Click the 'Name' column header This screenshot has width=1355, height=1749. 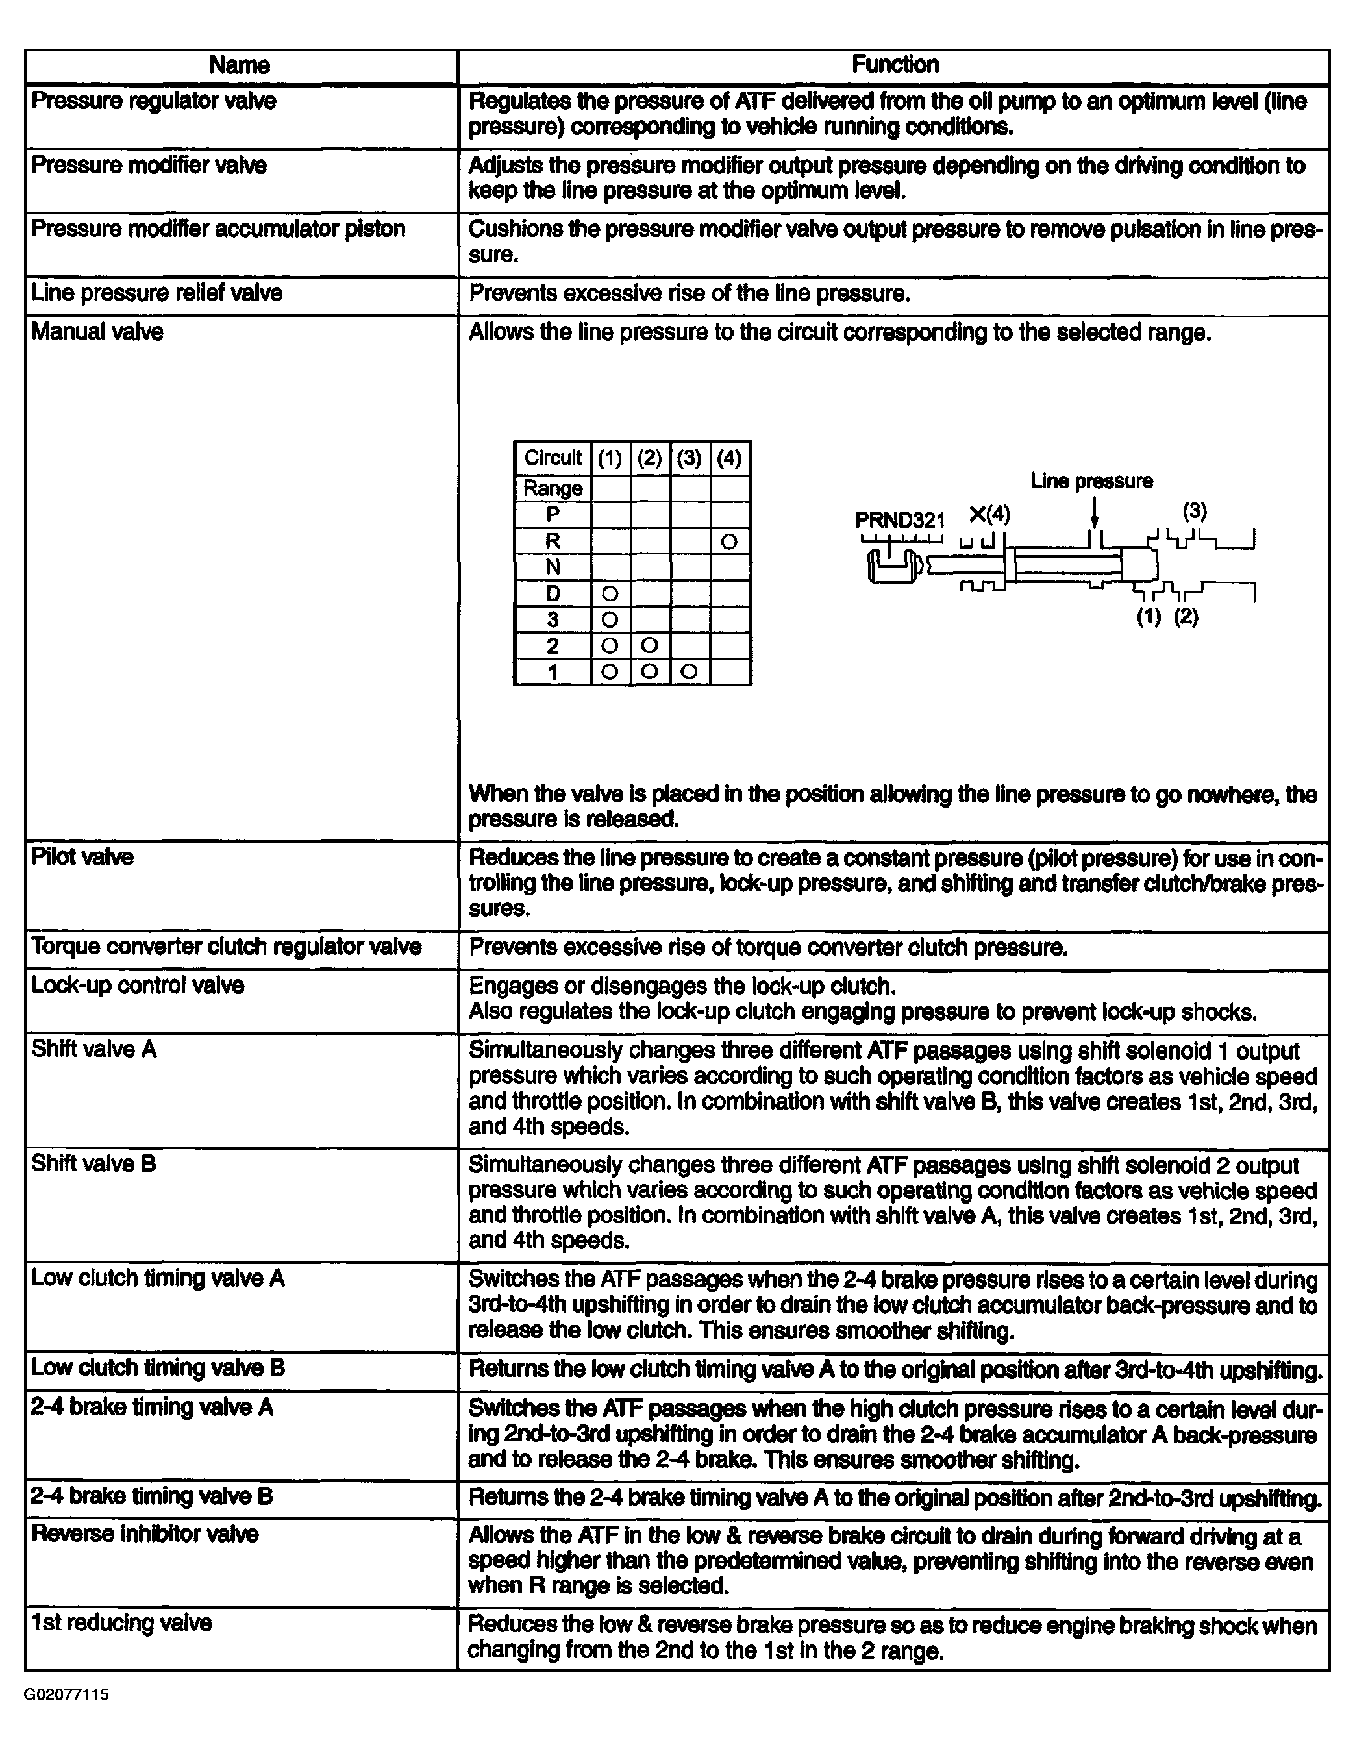tap(239, 66)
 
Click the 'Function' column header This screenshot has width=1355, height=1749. tap(895, 65)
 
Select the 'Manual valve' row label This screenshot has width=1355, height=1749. tap(97, 332)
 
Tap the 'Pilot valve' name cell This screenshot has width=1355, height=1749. tap(82, 857)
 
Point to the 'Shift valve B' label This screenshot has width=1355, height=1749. tap(93, 1163)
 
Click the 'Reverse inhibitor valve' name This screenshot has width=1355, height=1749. tap(145, 1534)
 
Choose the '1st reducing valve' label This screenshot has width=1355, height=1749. tap(121, 1623)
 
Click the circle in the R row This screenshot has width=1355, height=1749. tap(728, 542)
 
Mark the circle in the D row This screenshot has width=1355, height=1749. tap(610, 593)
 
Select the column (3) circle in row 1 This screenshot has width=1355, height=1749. tap(689, 672)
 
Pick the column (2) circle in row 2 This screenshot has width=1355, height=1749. tap(649, 645)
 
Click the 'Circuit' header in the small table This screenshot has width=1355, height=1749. tap(553, 458)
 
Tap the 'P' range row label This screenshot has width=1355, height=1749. tap(553, 515)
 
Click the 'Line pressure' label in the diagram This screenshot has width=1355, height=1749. tap(1091, 481)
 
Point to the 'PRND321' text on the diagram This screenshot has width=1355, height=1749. tap(899, 520)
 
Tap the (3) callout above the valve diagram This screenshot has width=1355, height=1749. tap(1194, 511)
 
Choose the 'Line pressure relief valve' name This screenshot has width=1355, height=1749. tap(157, 293)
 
